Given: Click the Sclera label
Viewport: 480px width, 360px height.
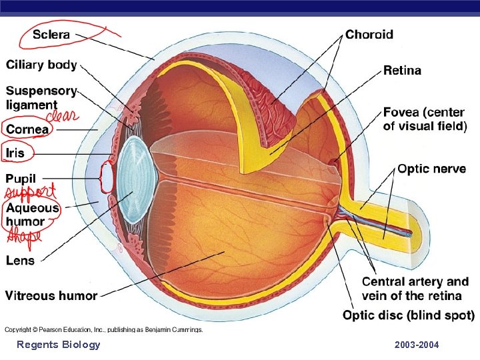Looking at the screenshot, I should pos(53,34).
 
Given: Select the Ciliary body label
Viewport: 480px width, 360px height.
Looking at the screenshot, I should pos(42,65).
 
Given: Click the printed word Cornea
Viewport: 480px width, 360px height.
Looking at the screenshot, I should pos(27,130).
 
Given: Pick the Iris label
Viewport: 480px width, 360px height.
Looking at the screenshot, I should pos(15,153).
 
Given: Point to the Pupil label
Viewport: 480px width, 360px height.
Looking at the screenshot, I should pos(21,179).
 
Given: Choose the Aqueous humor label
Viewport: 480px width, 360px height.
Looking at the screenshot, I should pos(33,214).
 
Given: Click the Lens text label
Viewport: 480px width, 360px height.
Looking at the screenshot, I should pos(20,261).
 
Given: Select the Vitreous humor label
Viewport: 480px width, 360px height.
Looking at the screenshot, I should pos(51,295).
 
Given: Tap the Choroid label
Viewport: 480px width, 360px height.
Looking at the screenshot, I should pos(369,35).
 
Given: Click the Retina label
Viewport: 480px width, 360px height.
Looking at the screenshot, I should pos(402,70).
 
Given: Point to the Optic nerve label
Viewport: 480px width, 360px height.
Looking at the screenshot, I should pos(431,169).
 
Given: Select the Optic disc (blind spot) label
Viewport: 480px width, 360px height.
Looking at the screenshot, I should pos(409,315).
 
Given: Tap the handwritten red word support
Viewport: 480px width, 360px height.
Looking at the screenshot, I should pos(31,193).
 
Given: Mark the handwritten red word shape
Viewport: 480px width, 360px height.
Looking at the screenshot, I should pos(23,235).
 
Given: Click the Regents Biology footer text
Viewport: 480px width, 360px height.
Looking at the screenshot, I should pos(59,345).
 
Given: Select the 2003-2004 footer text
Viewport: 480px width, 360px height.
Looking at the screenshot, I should pos(417,345).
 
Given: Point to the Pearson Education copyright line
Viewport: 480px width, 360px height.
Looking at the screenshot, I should pos(104,329).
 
